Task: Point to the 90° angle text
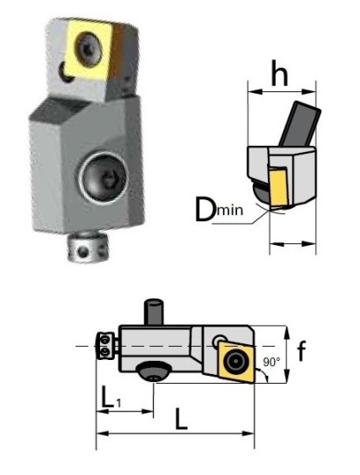point(271,362)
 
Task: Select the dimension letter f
point(301,352)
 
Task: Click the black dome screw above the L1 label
point(157,371)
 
